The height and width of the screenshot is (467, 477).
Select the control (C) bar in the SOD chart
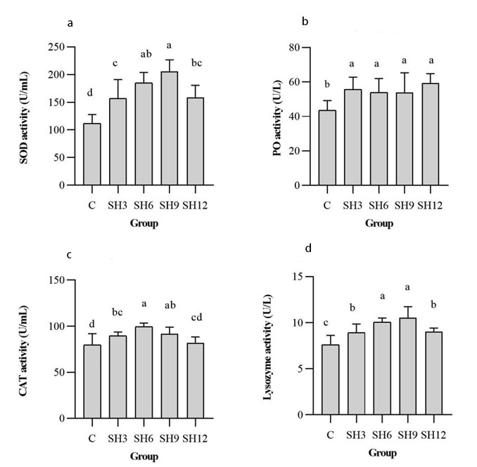[91, 154]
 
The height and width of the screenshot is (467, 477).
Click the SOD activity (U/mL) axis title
[24, 117]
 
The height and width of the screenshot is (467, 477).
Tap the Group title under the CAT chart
[143, 456]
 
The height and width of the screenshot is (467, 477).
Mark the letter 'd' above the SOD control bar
[91, 92]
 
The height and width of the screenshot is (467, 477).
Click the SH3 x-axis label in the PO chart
[353, 206]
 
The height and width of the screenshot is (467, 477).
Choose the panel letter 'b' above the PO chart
[305, 22]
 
